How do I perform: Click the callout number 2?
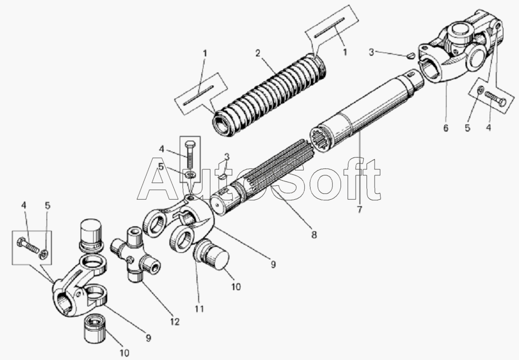(258, 53)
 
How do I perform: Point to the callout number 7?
(360, 210)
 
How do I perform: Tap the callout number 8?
(314, 235)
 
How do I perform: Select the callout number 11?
(199, 309)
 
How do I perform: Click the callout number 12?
(175, 322)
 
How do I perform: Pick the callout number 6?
(445, 128)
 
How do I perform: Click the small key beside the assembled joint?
(410, 56)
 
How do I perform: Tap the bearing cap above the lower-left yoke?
(91, 235)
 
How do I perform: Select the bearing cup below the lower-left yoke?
(95, 329)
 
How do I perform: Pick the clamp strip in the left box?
(199, 95)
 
